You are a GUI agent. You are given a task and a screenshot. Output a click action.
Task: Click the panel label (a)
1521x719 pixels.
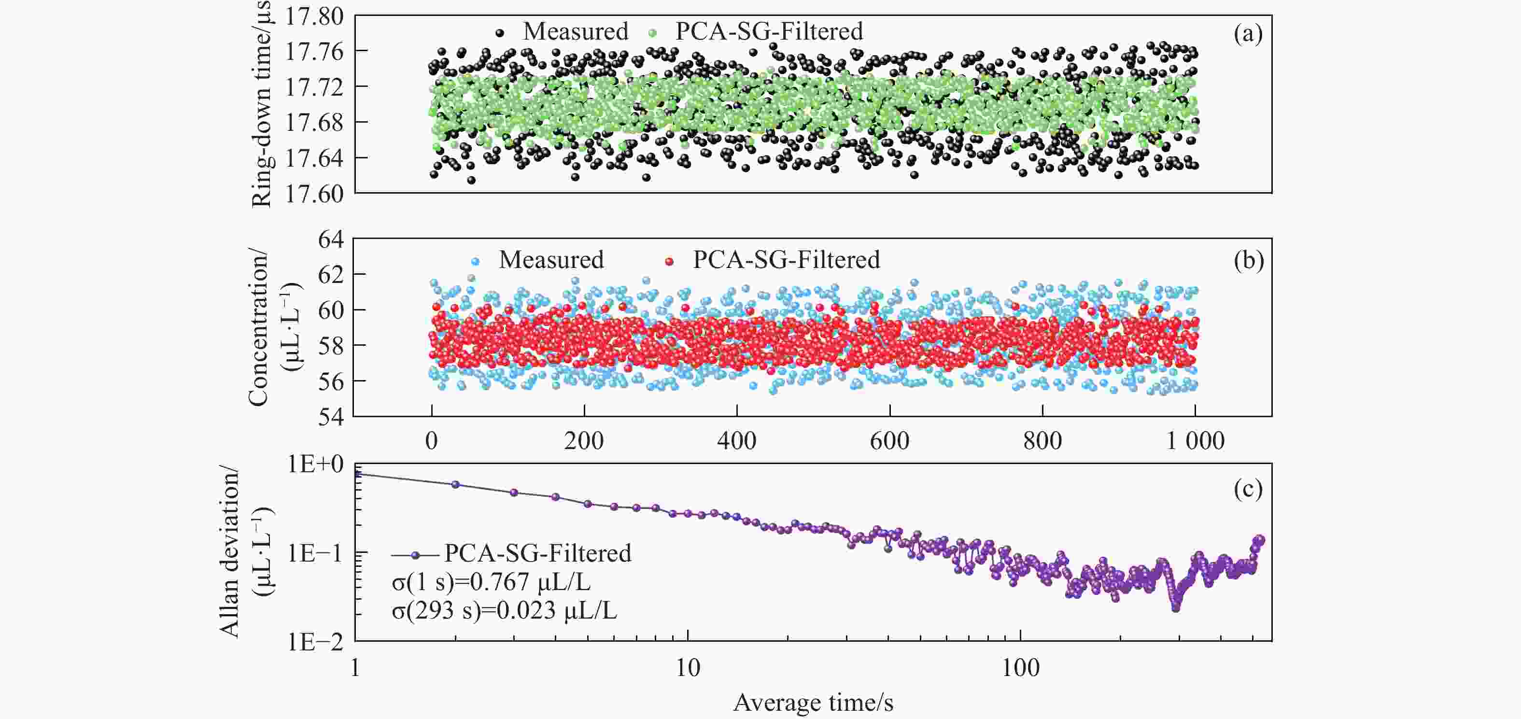click(x=1248, y=34)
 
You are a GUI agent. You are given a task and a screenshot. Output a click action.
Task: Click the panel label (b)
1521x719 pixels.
click(x=1248, y=260)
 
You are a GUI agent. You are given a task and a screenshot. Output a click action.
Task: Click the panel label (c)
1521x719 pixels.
click(x=1248, y=489)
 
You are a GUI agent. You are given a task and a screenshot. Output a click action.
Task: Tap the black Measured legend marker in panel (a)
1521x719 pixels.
click(x=500, y=33)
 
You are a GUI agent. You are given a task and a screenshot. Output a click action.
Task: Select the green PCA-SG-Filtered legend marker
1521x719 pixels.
click(x=652, y=33)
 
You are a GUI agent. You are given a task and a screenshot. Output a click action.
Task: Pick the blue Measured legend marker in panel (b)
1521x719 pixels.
click(x=476, y=261)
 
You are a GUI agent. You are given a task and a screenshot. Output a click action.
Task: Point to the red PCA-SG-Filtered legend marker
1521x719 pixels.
click(x=669, y=261)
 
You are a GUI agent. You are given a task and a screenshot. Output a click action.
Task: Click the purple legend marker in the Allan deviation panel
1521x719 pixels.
click(x=416, y=555)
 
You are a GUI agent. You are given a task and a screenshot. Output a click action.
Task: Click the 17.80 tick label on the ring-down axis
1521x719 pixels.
click(x=314, y=16)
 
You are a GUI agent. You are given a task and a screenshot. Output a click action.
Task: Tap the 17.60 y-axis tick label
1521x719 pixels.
click(x=314, y=194)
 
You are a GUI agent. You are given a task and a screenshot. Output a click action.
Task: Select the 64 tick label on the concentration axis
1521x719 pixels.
click(x=331, y=239)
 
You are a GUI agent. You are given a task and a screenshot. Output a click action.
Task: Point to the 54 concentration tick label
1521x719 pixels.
click(x=331, y=417)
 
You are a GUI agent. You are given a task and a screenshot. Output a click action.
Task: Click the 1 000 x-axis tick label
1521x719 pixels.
click(x=1195, y=441)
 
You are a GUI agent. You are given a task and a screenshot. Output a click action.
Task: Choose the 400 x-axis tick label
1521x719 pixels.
click(x=737, y=441)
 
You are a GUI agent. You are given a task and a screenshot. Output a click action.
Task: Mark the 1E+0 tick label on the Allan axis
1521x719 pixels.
click(x=315, y=465)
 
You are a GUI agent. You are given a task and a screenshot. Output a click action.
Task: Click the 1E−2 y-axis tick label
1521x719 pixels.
click(x=315, y=642)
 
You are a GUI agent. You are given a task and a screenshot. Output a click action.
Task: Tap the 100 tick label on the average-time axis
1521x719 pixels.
click(x=1020, y=668)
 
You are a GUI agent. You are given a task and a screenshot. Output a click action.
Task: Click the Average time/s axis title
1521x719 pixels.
click(x=813, y=703)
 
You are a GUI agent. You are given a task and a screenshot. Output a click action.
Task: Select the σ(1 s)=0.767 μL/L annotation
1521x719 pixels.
click(x=491, y=583)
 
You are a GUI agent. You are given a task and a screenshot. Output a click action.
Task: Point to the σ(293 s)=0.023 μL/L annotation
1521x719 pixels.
click(x=504, y=610)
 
